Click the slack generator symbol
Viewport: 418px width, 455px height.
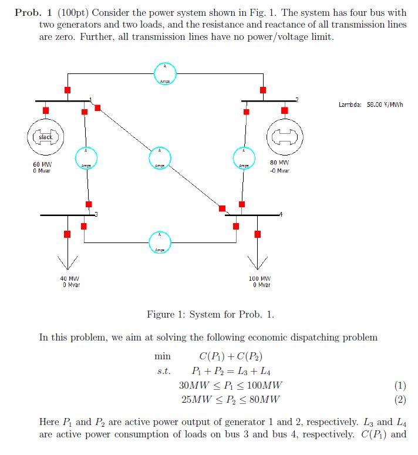coord(45,137)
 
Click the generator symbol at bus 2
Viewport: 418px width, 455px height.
coord(285,138)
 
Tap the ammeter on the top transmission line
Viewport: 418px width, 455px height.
coord(165,73)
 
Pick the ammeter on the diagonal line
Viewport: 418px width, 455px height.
coord(159,157)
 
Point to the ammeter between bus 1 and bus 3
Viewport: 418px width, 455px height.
coord(86,157)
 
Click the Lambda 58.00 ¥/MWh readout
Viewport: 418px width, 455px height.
coord(372,105)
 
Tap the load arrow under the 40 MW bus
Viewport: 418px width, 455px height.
coord(68,256)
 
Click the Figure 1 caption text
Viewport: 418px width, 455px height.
coord(210,314)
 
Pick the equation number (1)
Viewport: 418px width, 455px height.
coord(400,385)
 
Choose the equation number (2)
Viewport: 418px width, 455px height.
coord(400,400)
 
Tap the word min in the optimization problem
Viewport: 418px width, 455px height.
coord(162,356)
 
